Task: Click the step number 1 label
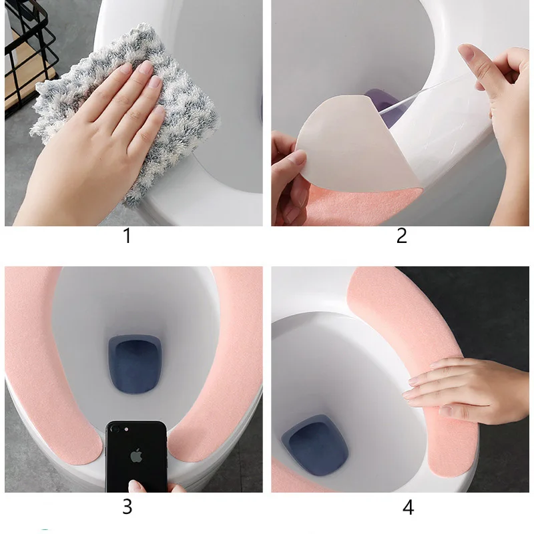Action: (127, 236)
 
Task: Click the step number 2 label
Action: (402, 236)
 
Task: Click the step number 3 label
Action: (127, 507)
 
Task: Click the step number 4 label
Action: (409, 507)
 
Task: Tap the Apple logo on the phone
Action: (136, 455)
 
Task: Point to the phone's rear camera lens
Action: (115, 429)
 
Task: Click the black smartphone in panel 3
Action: (136, 457)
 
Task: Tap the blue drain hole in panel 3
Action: (135, 364)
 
